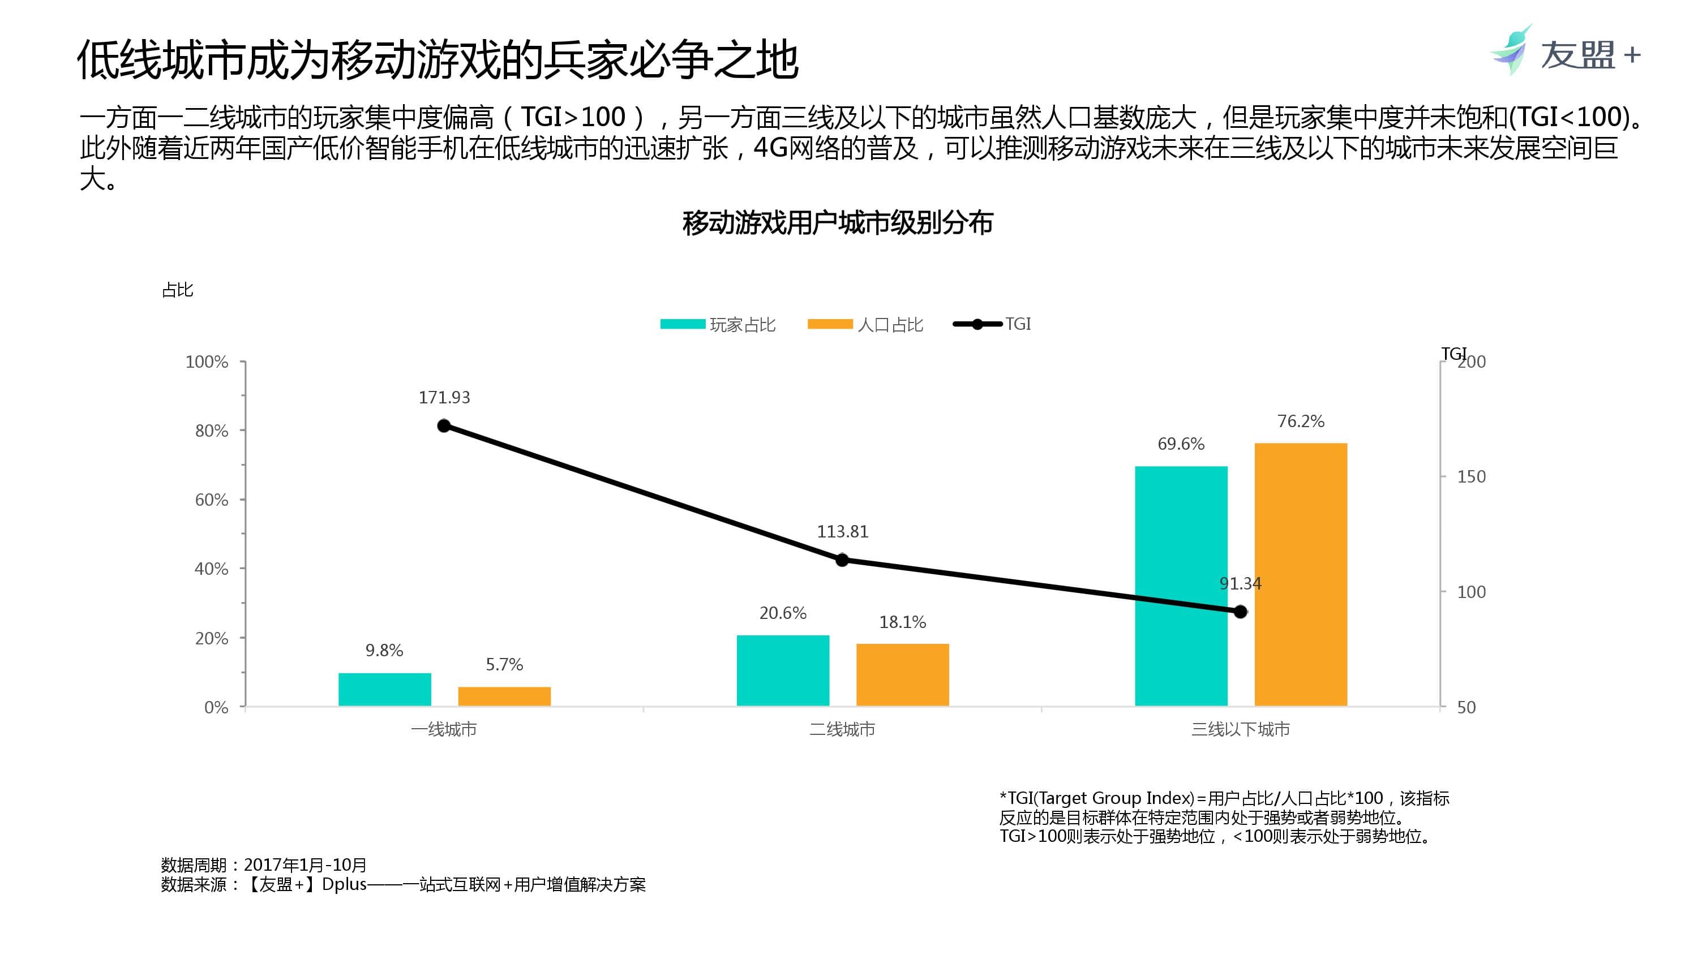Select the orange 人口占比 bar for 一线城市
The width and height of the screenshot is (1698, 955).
click(504, 696)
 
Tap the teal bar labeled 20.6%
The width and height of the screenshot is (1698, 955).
click(782, 670)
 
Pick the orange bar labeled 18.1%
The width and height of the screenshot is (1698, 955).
click(902, 674)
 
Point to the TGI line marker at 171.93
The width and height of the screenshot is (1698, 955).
click(444, 426)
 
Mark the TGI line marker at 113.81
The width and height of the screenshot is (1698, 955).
click(842, 560)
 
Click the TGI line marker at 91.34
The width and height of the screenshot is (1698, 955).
click(1240, 612)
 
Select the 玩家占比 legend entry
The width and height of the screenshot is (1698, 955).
click(718, 324)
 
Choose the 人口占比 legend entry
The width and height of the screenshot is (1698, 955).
click(865, 324)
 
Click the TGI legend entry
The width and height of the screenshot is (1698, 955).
click(993, 324)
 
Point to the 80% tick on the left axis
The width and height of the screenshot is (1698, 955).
click(212, 431)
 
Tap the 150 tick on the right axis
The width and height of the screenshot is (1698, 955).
click(1470, 476)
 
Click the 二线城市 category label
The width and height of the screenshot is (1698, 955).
click(842, 729)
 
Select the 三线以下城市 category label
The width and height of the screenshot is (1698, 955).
click(1240, 729)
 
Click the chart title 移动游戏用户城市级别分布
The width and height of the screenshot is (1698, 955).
click(837, 223)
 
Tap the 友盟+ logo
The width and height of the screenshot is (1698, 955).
click(1565, 51)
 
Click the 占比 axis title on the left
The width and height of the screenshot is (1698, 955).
click(177, 290)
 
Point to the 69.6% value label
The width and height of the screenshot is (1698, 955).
click(1181, 444)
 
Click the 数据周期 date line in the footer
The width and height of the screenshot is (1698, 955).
click(264, 864)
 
